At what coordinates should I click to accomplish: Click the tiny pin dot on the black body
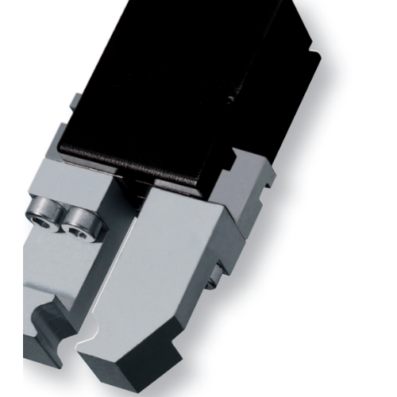coord(229,99)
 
